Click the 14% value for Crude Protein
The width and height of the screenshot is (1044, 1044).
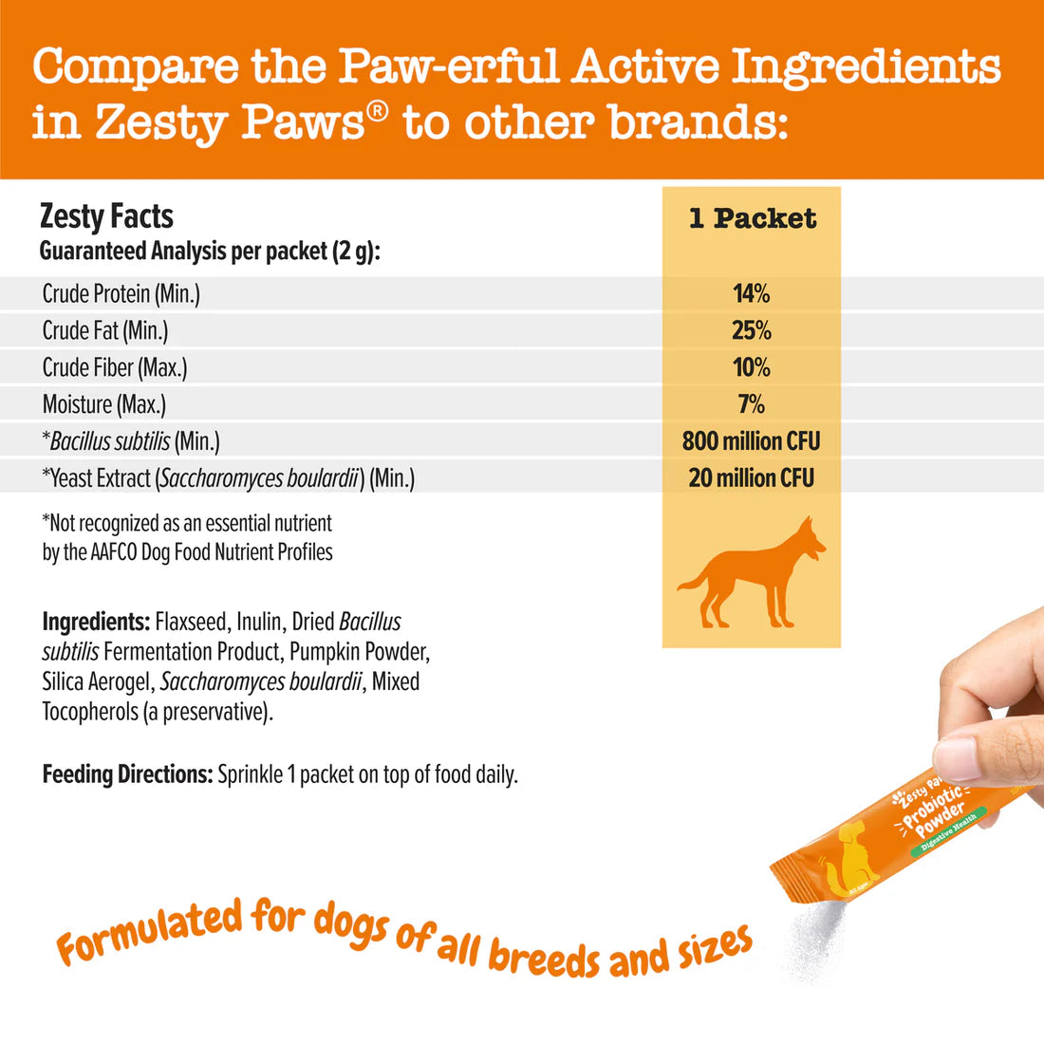tap(751, 294)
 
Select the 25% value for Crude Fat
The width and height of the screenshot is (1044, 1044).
tap(751, 331)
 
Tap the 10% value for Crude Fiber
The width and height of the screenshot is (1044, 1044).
tap(751, 368)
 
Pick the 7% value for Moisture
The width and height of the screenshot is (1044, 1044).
tap(751, 405)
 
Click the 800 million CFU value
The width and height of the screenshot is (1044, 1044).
tap(751, 441)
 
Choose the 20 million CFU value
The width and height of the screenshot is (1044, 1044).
tap(751, 478)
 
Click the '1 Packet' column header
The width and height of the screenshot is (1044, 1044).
tap(752, 219)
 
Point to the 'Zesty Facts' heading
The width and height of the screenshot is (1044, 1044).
tap(106, 216)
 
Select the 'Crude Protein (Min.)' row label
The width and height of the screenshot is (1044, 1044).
tap(121, 294)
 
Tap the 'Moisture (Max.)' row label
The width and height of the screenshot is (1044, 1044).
tap(103, 405)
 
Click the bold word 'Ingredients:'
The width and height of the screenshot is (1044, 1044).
tap(96, 623)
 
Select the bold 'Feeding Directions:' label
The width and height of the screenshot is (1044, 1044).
tap(127, 775)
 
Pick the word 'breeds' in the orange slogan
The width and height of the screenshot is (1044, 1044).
tap(546, 954)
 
